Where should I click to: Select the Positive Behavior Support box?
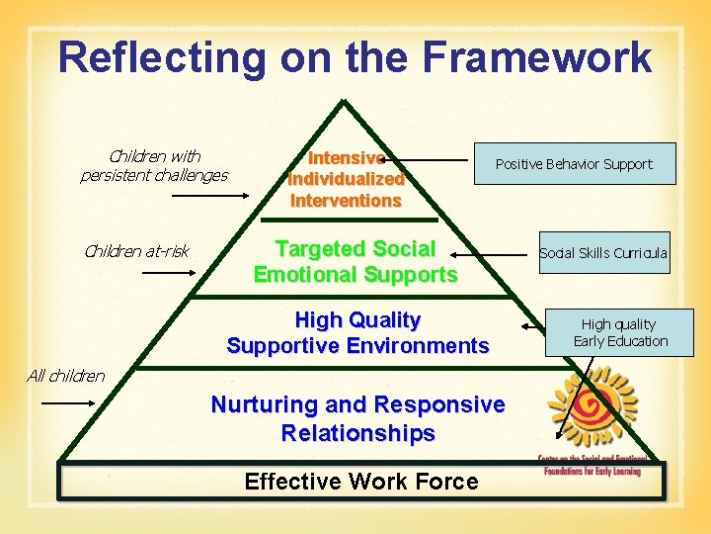(574, 164)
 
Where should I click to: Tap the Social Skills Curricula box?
(602, 253)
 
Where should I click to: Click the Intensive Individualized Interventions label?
(346, 179)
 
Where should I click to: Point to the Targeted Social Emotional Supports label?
(355, 261)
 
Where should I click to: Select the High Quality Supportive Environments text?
(357, 332)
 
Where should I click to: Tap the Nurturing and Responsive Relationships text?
(357, 418)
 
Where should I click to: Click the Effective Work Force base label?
(360, 482)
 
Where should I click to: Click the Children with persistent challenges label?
(153, 165)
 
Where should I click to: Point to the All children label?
(66, 376)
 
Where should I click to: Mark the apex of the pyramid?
(342, 102)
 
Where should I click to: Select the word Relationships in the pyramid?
(357, 433)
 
